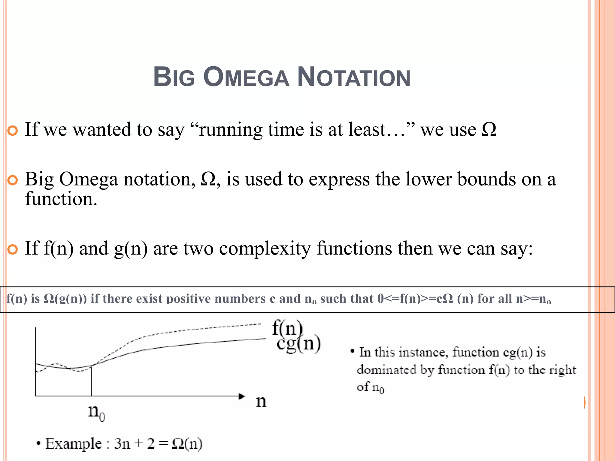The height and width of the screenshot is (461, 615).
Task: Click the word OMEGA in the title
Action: pos(246,77)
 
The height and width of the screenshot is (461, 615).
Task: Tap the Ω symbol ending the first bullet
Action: pos(489,130)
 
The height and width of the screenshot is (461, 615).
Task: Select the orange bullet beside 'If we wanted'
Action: pos(13,131)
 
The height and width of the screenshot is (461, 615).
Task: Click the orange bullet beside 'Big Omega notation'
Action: pos(13,180)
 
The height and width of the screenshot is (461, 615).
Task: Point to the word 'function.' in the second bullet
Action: pos(61,199)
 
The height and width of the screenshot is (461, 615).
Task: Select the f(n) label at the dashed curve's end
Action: pos(287,328)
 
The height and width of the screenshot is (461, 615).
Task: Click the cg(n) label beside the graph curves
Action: pos(298,344)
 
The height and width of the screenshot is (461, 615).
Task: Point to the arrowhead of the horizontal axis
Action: pos(242,396)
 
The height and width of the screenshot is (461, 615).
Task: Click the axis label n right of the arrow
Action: pos(261,401)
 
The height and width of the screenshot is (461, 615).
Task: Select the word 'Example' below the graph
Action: pos(73,444)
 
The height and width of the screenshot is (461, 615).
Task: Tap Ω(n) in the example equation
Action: pos(187,444)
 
